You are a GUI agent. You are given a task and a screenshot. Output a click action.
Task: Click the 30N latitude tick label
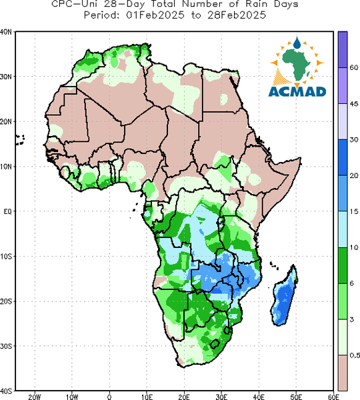coord(6,77)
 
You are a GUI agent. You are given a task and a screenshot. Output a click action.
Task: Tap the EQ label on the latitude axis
coord(7,211)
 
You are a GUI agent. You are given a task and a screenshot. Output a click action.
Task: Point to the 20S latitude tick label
coord(6,301)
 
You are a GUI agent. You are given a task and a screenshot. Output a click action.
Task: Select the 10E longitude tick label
coord(147,397)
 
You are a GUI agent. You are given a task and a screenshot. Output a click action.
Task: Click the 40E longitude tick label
coord(259,397)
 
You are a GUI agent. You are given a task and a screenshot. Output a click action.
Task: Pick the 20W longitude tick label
coord(35,397)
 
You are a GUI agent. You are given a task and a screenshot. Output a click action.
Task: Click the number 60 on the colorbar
coord(354,68)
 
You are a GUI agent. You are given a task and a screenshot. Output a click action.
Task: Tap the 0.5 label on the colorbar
coord(355,355)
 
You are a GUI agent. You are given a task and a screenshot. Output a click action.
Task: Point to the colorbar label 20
coord(354,175)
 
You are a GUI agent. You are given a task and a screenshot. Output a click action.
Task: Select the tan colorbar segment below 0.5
coord(343,373)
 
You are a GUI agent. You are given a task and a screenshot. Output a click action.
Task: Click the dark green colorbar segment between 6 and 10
coord(343,265)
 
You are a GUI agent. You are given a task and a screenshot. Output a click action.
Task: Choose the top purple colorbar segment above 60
coord(343,49)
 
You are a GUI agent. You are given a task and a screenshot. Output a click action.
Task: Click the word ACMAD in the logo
coord(297,92)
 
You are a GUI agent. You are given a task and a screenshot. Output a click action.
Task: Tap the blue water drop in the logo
coord(297,43)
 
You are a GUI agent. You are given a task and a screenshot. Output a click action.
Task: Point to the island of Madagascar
coord(284,297)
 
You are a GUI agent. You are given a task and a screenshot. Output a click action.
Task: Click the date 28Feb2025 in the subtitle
coord(237,15)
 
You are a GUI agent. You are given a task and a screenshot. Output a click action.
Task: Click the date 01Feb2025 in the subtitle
coord(155,15)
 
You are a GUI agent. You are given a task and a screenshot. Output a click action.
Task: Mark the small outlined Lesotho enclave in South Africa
coord(215,344)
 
